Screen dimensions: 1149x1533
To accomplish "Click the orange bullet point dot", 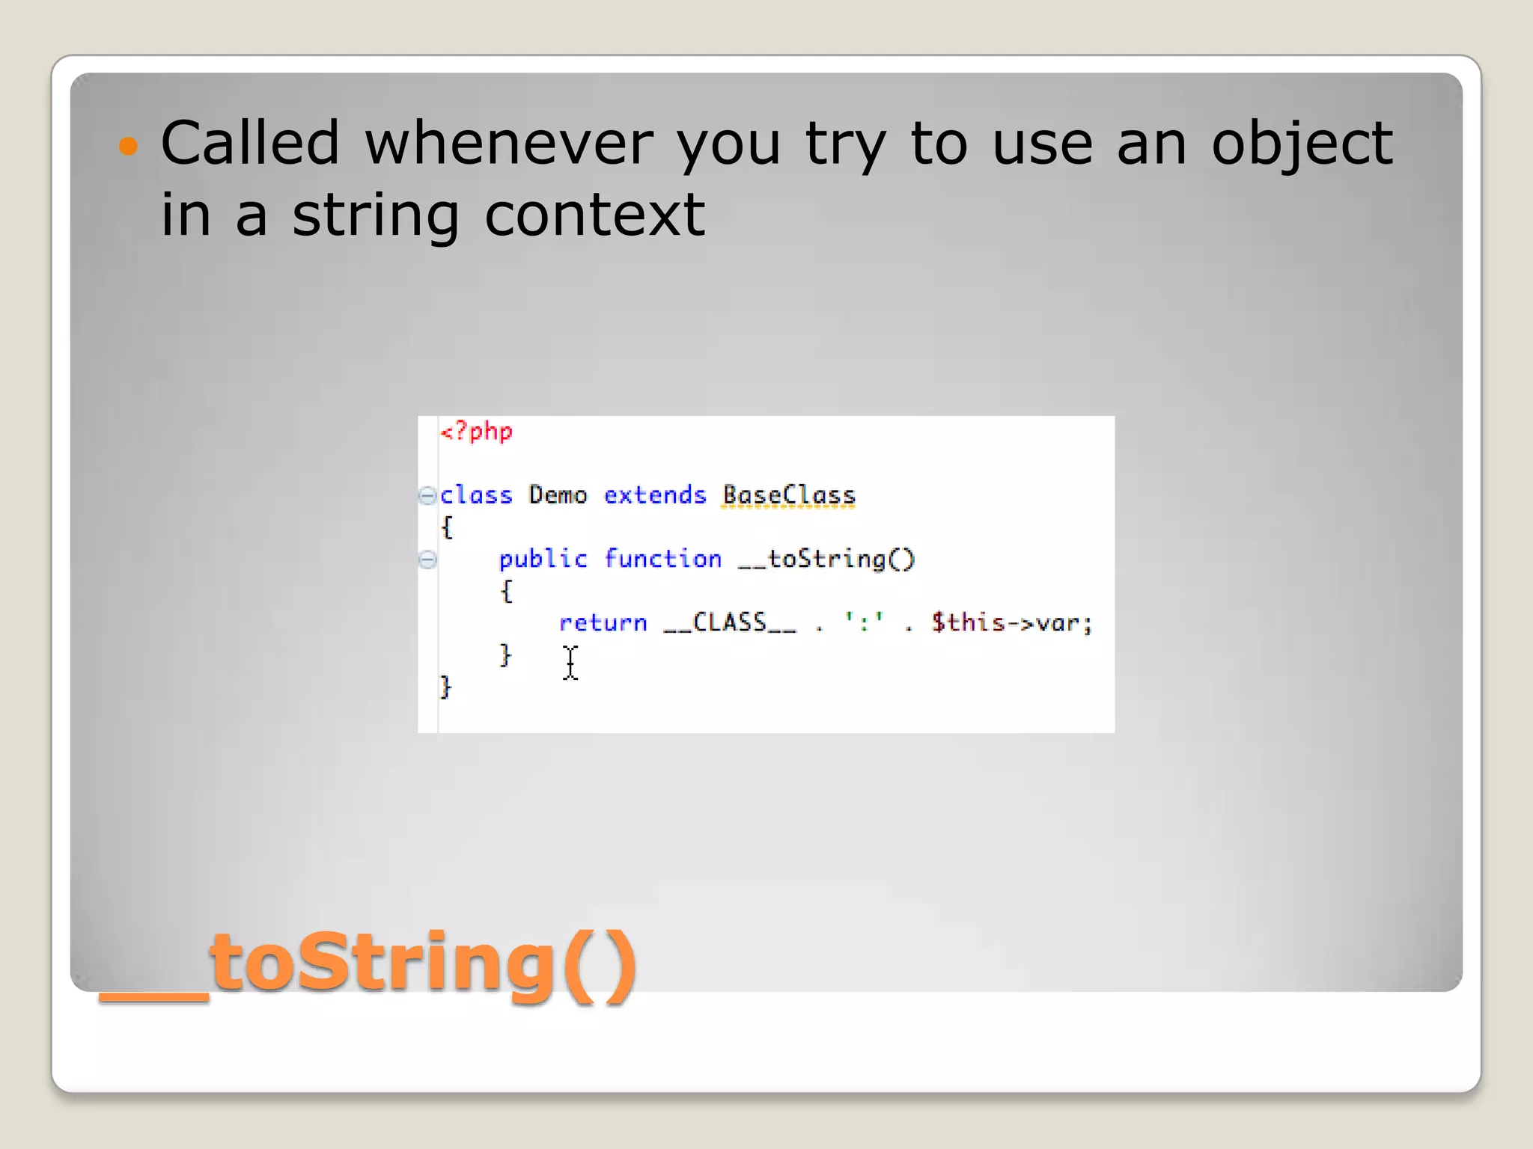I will (129, 145).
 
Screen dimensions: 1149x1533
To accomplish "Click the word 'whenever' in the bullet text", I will (509, 143).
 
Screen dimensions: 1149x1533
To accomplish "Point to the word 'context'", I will (594, 215).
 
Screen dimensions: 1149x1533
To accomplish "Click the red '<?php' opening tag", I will (476, 432).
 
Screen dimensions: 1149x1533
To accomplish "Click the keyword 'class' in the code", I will (476, 495).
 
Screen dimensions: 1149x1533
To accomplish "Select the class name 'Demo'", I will (558, 495).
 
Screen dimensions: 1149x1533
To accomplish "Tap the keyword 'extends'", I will (655, 495).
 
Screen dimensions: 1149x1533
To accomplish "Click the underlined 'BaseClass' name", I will (788, 495).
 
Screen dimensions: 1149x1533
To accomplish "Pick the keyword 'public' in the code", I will (543, 559).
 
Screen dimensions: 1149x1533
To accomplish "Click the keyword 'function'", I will (662, 559).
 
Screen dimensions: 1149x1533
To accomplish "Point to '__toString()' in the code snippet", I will (826, 559).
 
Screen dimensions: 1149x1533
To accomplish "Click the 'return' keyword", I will (603, 622).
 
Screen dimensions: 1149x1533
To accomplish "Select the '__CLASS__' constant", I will (730, 622).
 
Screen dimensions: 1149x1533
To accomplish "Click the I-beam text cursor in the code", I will (570, 663).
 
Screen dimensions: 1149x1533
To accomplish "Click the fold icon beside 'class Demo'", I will (427, 495).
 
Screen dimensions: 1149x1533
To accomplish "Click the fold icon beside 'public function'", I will (427, 559).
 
